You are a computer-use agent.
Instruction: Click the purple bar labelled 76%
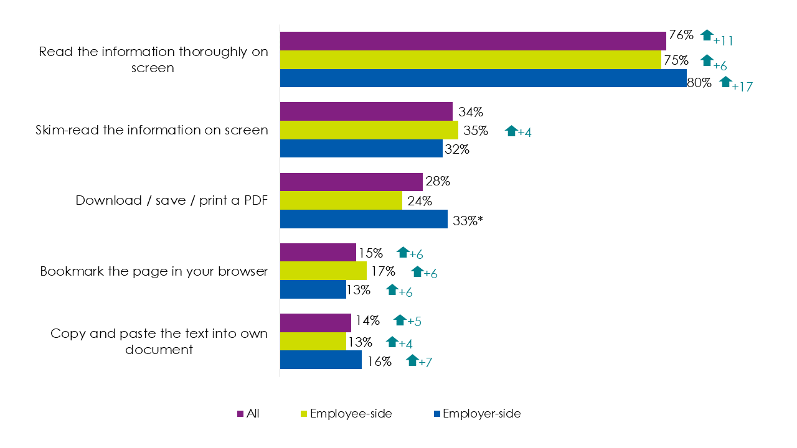(473, 40)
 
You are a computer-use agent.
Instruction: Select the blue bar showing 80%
(483, 78)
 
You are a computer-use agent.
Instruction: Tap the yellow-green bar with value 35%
(369, 130)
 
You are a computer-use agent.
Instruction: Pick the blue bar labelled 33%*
(364, 219)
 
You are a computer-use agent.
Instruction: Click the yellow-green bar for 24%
(341, 200)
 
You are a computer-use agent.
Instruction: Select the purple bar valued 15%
(318, 252)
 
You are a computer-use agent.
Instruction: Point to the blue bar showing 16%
(321, 360)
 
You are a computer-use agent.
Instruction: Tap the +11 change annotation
(723, 41)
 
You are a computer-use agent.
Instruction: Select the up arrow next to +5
(400, 320)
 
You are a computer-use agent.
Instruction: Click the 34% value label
(470, 112)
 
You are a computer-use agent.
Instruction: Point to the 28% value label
(437, 182)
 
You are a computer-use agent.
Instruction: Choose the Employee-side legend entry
(351, 413)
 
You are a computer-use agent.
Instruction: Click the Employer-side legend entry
(481, 413)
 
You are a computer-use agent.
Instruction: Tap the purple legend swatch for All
(240, 414)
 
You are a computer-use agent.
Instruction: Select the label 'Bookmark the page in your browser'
(154, 271)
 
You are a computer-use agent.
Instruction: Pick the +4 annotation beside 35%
(524, 133)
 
